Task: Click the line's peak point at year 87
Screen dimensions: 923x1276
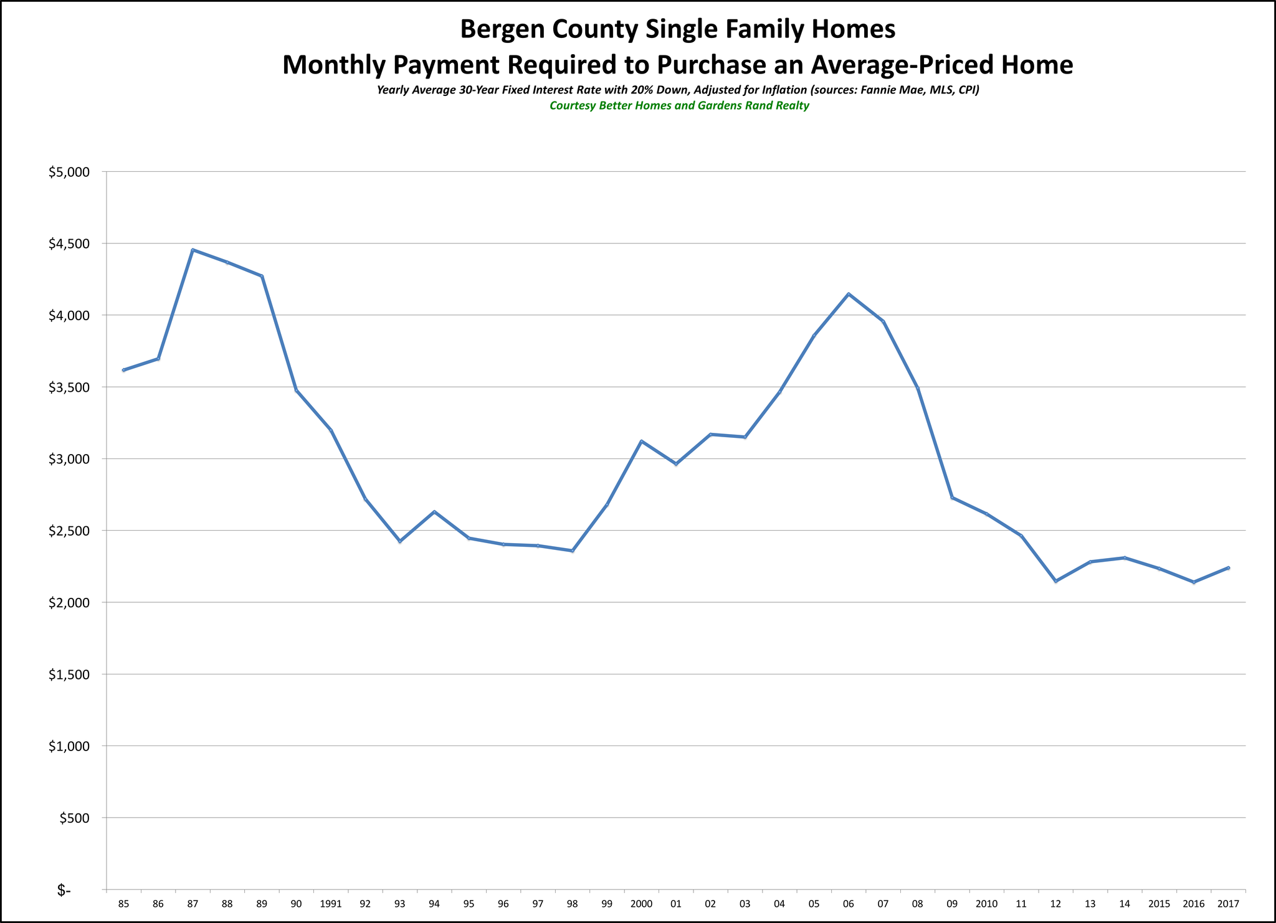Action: [x=193, y=250]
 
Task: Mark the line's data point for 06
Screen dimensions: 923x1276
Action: [x=849, y=294]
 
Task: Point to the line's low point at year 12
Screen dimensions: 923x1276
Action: [x=1055, y=581]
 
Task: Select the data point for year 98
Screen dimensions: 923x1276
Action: [x=573, y=551]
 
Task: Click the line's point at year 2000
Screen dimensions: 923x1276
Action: [x=642, y=441]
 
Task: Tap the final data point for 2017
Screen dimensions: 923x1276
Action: [x=1228, y=567]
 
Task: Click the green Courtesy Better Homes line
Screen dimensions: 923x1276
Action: [x=679, y=106]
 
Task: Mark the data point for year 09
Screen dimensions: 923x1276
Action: [x=952, y=498]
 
